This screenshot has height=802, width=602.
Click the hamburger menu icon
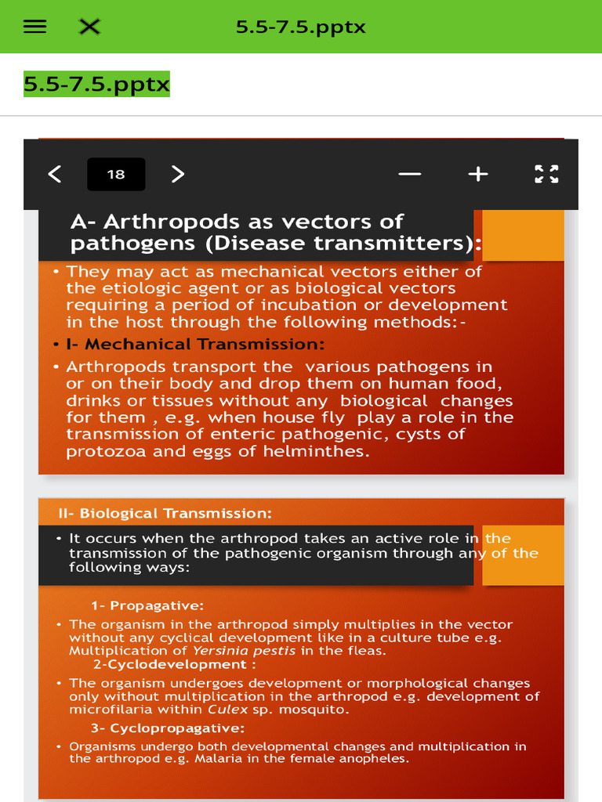(34, 27)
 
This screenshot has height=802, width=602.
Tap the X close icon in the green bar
(90, 27)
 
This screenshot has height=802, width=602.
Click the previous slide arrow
(54, 174)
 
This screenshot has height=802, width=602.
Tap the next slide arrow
(178, 174)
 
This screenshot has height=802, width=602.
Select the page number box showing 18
(116, 174)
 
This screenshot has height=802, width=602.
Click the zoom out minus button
(409, 174)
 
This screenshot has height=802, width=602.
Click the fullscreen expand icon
(546, 174)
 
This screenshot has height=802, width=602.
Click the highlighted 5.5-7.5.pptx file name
(96, 84)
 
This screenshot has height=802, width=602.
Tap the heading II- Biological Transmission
(165, 514)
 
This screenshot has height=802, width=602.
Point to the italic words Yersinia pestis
(244, 651)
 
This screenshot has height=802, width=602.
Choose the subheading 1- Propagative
(147, 605)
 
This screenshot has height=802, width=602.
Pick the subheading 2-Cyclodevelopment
(174, 665)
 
